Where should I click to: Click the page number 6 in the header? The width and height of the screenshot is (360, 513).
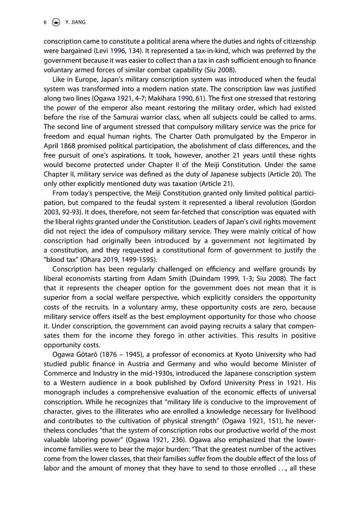[x=45, y=22]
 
